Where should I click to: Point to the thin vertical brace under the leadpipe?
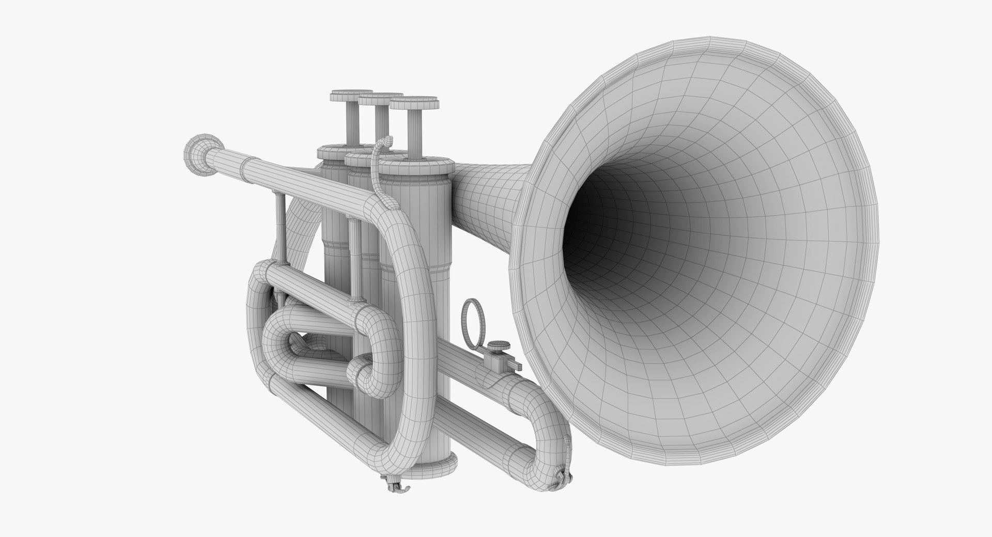click(x=280, y=222)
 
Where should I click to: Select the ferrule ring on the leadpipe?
click(x=241, y=167)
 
